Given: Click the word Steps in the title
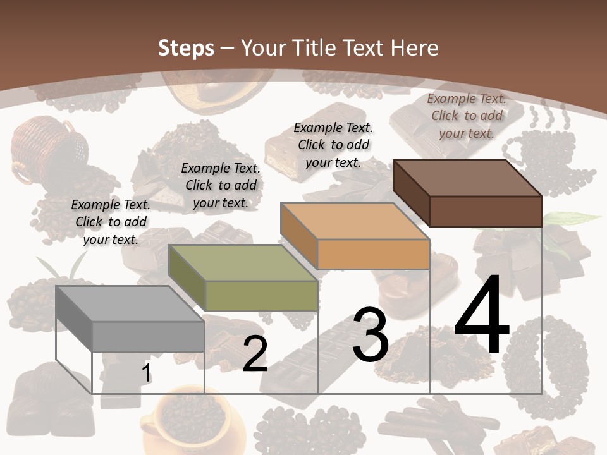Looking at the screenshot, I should tap(186, 48).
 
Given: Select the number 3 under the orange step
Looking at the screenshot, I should tap(370, 335).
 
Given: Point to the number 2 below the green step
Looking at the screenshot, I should tap(255, 355).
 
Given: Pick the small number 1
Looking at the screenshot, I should tap(146, 373).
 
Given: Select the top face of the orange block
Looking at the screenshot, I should tap(355, 221).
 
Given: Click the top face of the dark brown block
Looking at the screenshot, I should tap(467, 178).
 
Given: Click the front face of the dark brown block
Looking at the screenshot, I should tap(486, 211).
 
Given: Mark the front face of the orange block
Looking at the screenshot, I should tap(373, 255).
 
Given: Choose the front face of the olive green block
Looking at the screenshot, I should tap(261, 296).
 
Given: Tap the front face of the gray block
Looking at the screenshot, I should tap(149, 336).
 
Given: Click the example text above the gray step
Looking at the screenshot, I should tap(111, 222).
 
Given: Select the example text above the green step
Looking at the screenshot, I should tap(221, 186).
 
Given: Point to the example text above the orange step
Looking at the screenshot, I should tap(333, 145).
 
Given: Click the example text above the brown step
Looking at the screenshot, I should tap(467, 116).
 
